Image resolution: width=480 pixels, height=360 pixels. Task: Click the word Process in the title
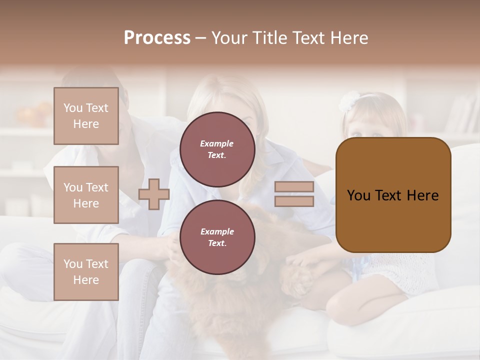157,38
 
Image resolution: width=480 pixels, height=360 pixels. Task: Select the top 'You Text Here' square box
86,116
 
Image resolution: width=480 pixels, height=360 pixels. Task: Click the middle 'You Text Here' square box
86,195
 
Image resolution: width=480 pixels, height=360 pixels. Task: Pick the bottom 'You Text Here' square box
86,271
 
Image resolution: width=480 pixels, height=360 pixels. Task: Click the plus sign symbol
154,194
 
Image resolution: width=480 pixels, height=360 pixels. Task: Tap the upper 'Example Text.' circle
217,149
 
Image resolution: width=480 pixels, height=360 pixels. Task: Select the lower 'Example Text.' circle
217,237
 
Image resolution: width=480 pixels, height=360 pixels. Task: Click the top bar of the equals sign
294,187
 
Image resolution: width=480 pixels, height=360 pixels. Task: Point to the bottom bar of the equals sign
294,201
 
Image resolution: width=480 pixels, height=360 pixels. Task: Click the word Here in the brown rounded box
422,195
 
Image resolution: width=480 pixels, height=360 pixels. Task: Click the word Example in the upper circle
216,143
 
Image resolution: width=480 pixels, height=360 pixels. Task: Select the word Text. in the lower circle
216,243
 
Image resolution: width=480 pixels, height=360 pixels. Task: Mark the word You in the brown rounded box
358,195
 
